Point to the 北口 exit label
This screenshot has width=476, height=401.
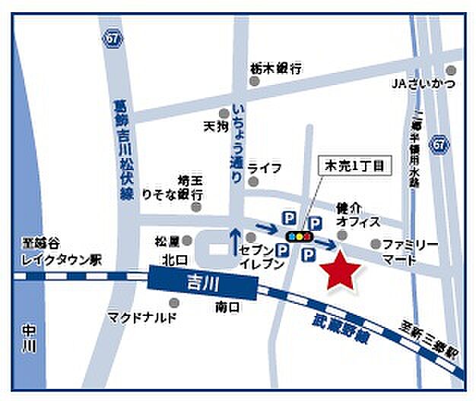[x=170, y=258]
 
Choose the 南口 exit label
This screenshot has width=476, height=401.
[x=227, y=308]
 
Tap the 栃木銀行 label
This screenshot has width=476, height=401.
[x=275, y=68]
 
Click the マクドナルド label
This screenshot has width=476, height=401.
[x=142, y=316]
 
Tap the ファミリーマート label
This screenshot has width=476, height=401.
[x=410, y=252]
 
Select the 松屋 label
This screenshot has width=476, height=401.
[x=167, y=241]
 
